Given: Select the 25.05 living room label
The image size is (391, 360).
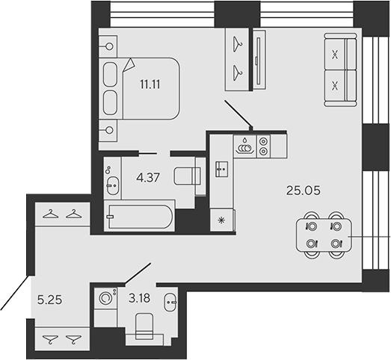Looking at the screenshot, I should [304, 190].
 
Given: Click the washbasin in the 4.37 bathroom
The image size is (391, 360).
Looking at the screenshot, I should [111, 184].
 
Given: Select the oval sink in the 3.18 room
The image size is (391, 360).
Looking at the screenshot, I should [170, 303].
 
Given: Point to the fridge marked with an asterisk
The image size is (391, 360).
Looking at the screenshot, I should [221, 220].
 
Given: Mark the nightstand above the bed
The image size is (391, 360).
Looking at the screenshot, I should [109, 46].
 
